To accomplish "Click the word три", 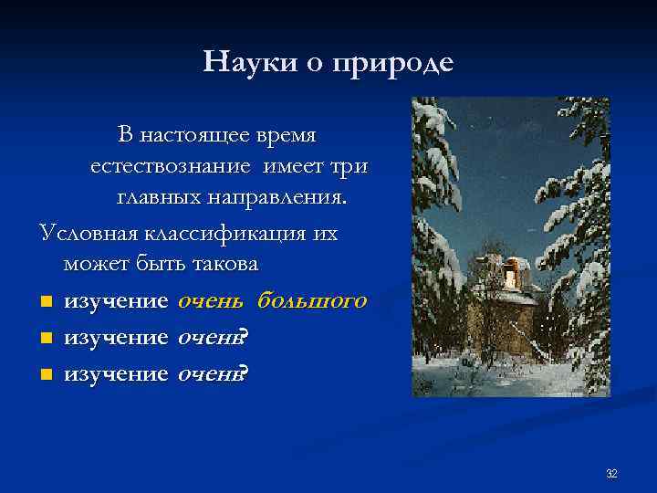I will (x=351, y=167).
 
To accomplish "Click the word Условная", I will (x=88, y=233).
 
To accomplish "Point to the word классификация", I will (x=223, y=233).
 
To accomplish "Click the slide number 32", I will (x=611, y=474).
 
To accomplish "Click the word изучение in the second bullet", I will (x=116, y=338).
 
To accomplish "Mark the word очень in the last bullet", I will (x=207, y=374).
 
